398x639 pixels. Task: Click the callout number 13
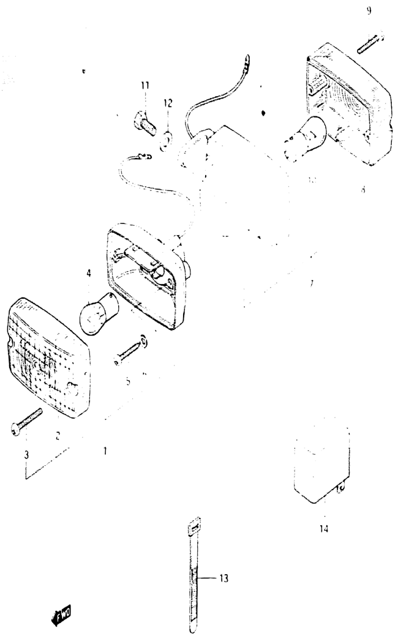coord(223,577)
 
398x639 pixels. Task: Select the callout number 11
coord(145,86)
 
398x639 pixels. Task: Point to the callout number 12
coord(168,103)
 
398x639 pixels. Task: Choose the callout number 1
coord(105,450)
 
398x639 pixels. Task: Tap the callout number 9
coord(369,11)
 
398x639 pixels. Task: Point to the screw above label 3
coord(26,422)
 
